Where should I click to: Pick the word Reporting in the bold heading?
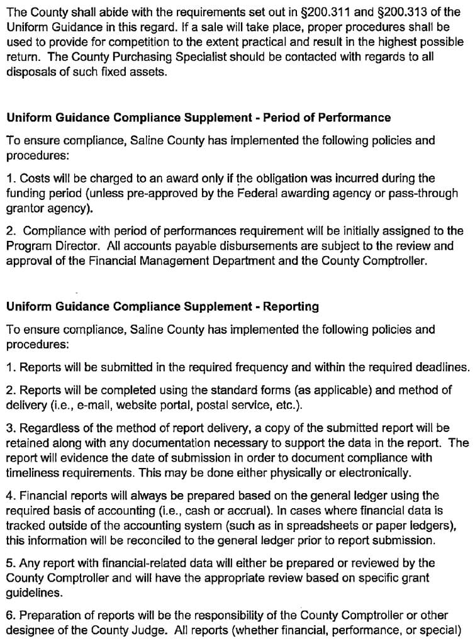[x=291, y=307]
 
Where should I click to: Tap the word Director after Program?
[x=68, y=247]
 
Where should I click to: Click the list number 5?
[x=9, y=563]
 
